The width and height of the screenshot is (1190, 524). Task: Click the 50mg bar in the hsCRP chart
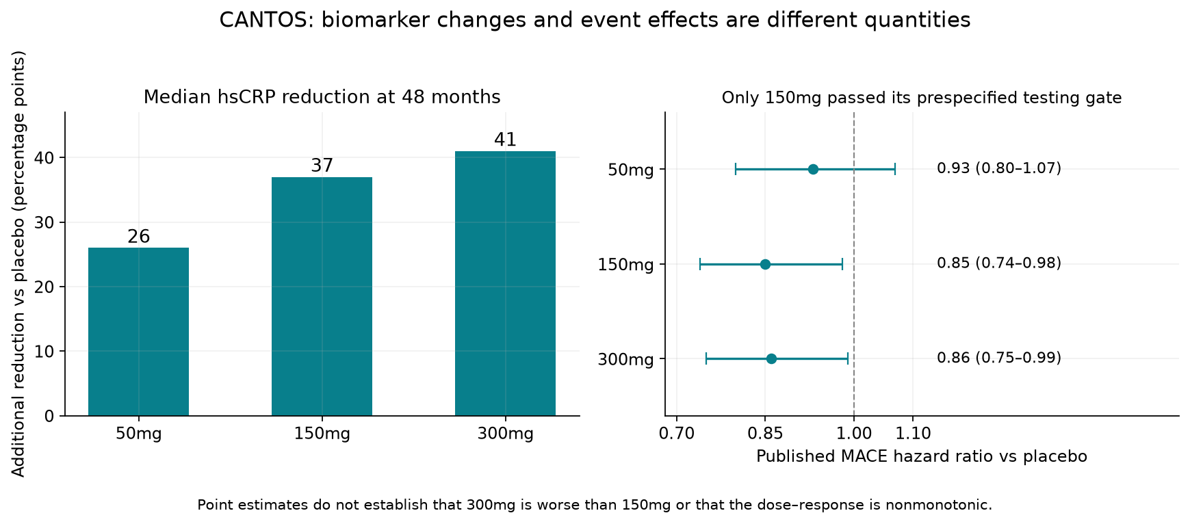tap(138, 332)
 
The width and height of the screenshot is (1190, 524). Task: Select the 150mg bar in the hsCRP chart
tap(322, 296)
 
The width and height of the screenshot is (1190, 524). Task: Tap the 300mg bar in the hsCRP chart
tap(505, 283)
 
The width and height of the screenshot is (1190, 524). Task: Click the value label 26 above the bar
tap(138, 237)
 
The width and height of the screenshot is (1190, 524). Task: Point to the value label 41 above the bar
tap(505, 140)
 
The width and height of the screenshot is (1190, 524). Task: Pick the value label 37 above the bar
tap(322, 166)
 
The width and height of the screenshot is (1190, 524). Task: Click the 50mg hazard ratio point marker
tap(813, 169)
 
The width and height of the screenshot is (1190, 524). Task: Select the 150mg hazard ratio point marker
tap(765, 264)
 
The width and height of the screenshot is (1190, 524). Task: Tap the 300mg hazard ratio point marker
tap(771, 358)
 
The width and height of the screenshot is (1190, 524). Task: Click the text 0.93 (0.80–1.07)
tap(999, 168)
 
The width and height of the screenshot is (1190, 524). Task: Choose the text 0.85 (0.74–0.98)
tap(999, 263)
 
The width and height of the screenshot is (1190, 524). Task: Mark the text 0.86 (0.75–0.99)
tap(999, 358)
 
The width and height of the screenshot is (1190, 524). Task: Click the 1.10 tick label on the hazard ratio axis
tap(913, 434)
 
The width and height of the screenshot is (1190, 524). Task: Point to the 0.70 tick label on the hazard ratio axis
tap(677, 434)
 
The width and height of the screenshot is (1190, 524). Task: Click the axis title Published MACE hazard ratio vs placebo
tap(922, 456)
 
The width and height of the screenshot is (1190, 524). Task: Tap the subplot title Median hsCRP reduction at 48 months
tap(322, 97)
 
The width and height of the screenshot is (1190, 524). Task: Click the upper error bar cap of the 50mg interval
tap(895, 169)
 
